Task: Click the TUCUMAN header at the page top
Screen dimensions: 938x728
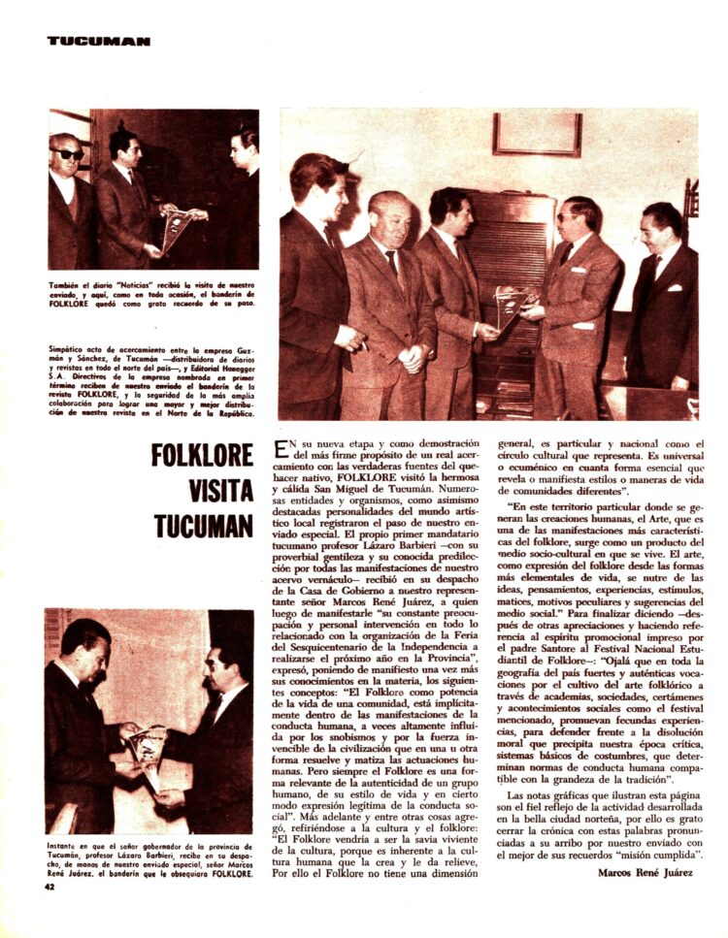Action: [98, 42]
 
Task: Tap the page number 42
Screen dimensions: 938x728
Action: [50, 885]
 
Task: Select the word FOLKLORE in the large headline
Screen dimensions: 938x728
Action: [203, 455]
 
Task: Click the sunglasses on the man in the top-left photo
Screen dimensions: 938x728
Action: [69, 154]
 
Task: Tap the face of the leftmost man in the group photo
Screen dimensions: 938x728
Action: [320, 184]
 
